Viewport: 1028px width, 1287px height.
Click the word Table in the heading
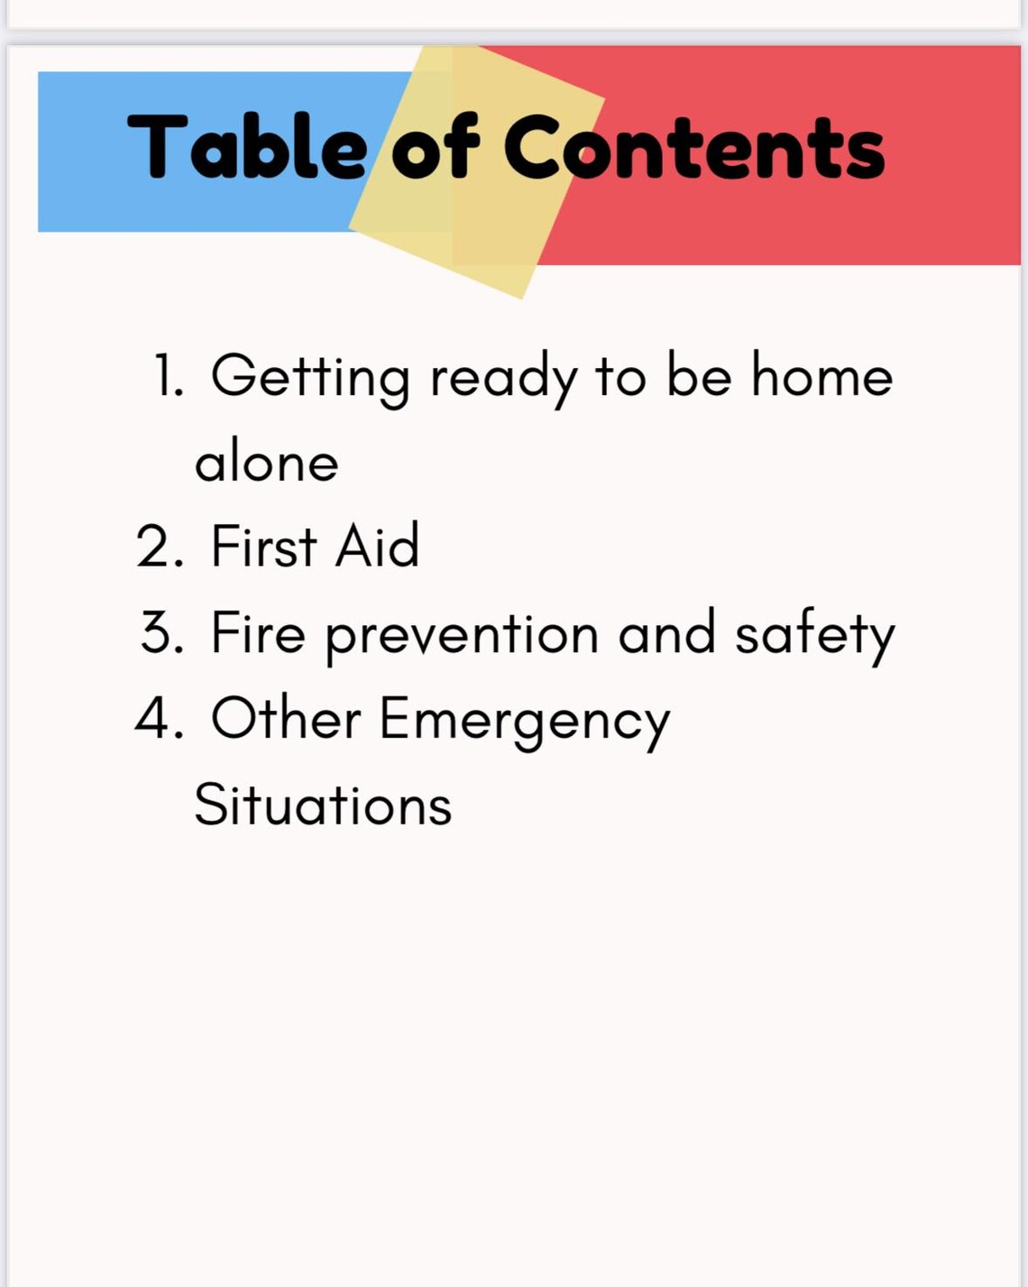coord(246,146)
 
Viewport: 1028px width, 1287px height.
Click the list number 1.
coord(168,375)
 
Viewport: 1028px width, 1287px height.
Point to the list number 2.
coord(160,546)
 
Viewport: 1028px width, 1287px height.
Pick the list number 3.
coord(161,632)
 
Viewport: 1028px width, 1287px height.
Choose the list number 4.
coord(160,719)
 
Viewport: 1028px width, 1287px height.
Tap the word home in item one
coord(821,375)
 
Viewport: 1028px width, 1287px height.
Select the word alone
coord(266,462)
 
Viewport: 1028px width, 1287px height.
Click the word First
coord(263,546)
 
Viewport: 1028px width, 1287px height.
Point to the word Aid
coord(377,546)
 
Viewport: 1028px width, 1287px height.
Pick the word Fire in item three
coord(258,632)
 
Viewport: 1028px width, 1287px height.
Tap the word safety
coord(814,634)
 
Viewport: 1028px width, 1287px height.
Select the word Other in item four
coord(285,719)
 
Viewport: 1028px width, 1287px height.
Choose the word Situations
coord(323,804)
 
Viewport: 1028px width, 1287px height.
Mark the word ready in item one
coord(502,377)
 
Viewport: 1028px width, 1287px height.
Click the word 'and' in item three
coord(666,632)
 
